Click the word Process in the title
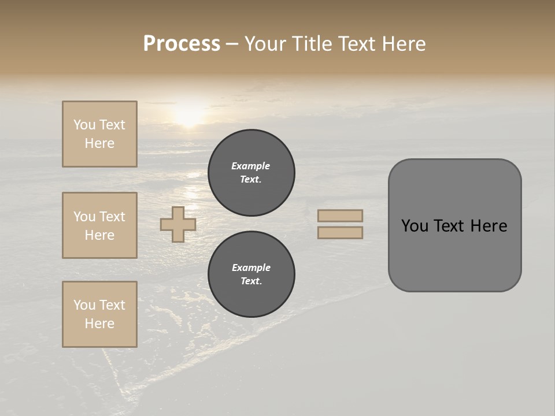coord(182,43)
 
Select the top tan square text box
coord(99,134)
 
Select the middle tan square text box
coord(99,225)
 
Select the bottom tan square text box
coord(99,314)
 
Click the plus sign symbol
coord(178,224)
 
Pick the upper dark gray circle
coord(251,173)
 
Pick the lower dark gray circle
coord(251,274)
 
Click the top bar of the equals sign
coord(340,216)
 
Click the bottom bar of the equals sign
coord(340,232)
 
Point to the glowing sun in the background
coord(189,114)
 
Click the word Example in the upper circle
coord(250,166)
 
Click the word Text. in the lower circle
coord(251,281)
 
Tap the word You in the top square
coord(84,125)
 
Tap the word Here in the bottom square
coord(99,324)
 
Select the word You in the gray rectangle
coord(415,226)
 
